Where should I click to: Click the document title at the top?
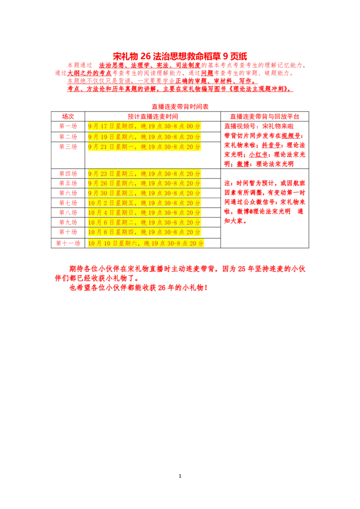click(180, 56)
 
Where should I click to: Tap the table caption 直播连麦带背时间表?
click(180, 107)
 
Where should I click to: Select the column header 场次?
click(68, 116)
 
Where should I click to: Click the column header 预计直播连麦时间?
click(153, 116)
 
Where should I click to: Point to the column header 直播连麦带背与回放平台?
click(265, 116)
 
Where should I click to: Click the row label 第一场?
click(68, 126)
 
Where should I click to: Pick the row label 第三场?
click(68, 147)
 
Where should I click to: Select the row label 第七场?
click(68, 203)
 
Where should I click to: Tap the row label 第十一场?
click(68, 243)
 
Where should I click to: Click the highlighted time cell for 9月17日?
click(144, 126)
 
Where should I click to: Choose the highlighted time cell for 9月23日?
click(144, 174)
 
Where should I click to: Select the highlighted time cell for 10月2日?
click(144, 203)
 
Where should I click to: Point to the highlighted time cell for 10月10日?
click(146, 243)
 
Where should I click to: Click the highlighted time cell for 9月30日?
click(144, 193)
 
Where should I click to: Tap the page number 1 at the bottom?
click(180, 476)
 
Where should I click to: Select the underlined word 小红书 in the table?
click(258, 155)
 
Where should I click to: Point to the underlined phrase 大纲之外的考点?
click(90, 73)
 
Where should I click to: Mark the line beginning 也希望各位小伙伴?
click(139, 288)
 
